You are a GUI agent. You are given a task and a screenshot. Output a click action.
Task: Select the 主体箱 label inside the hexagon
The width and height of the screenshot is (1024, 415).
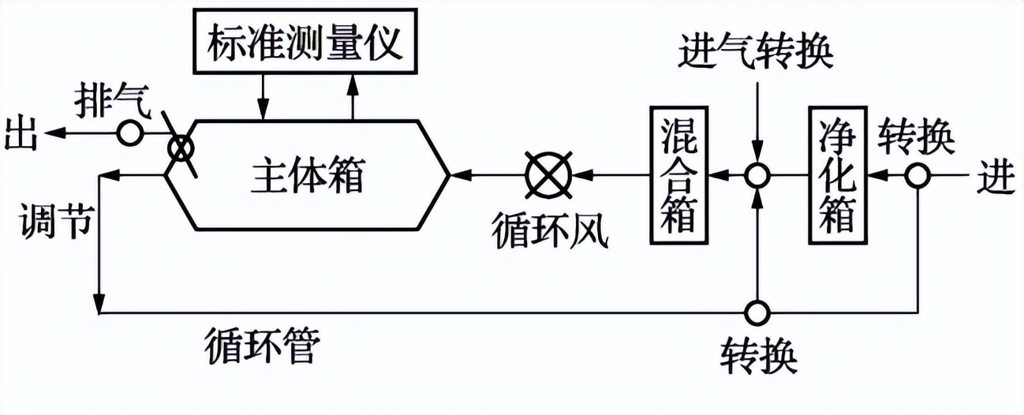point(308,175)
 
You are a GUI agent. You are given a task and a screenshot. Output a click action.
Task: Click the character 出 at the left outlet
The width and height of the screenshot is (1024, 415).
point(21,133)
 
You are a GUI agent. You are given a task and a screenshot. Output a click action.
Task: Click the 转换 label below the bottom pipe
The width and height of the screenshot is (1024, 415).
point(758,354)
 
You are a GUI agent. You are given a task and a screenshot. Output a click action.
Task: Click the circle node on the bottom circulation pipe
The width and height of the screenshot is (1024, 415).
point(757,311)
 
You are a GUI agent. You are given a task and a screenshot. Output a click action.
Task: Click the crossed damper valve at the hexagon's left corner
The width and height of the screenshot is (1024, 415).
point(181,146)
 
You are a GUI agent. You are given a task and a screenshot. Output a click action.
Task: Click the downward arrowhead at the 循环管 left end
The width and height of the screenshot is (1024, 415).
point(99,303)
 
